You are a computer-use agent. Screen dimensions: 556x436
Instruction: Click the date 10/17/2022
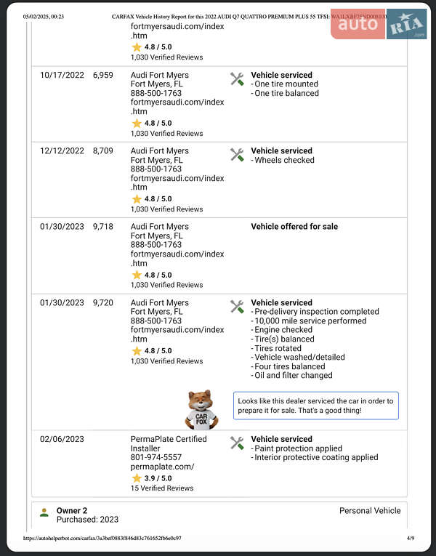click(62, 75)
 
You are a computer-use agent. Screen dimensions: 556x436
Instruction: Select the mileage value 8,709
click(103, 151)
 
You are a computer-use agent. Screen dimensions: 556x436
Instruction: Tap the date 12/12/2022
click(62, 151)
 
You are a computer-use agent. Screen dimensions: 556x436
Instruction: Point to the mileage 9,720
click(103, 303)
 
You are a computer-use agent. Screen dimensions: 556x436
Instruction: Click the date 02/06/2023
click(62, 439)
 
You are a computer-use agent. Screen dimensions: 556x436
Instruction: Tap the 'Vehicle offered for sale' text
click(294, 227)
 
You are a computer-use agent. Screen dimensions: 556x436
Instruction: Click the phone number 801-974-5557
click(156, 457)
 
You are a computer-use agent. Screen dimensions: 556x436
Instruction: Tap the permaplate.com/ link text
click(162, 467)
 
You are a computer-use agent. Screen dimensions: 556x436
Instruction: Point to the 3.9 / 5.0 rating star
click(136, 478)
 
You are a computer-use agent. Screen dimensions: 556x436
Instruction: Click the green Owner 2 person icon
click(44, 512)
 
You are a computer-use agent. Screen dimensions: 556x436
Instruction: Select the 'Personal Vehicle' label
click(370, 511)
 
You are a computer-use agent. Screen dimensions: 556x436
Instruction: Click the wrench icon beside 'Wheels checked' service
click(237, 155)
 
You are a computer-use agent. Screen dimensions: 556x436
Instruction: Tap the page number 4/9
click(411, 539)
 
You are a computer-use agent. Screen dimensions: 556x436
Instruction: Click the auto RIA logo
click(379, 24)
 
